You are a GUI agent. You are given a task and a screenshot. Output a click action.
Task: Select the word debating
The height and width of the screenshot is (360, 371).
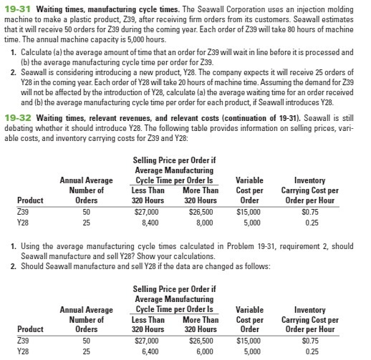point(18,127)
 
